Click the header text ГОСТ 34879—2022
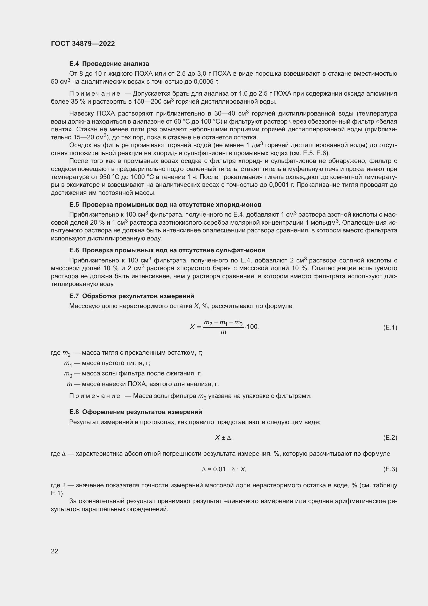coord(83,44)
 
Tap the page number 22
coord(55,551)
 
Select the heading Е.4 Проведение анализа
coord(109,64)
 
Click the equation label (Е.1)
coord(390,327)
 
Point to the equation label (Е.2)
coord(390,438)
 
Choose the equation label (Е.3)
coord(390,469)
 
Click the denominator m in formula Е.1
coord(223,332)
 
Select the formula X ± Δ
coord(224,438)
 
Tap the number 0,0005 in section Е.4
coord(203,82)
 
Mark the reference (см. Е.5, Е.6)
coord(309,153)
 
